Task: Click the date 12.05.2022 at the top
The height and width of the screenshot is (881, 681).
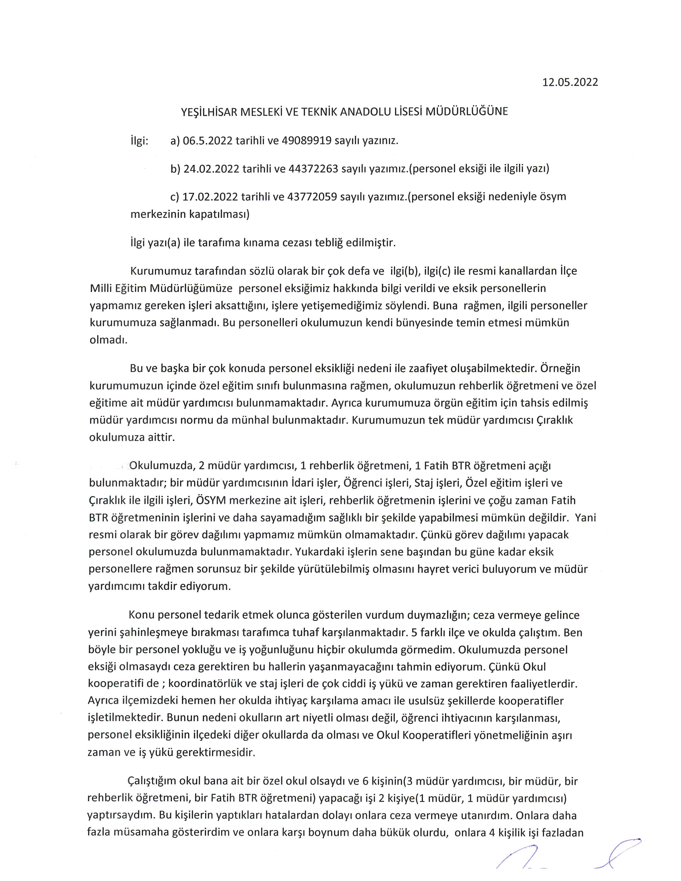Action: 570,82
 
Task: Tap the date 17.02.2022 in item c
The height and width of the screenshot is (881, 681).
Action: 210,197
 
